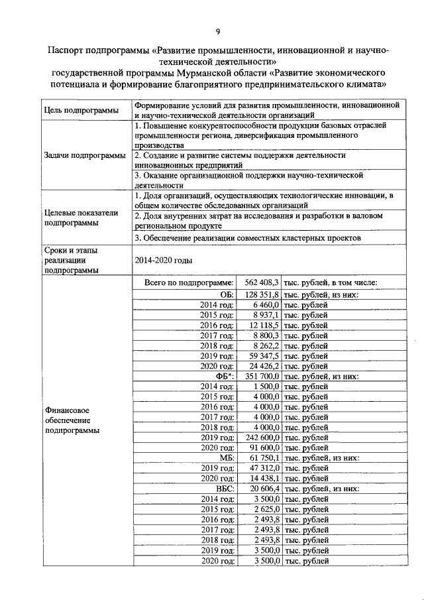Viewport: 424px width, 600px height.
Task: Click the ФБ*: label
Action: coord(223,377)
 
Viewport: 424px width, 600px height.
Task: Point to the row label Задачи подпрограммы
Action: coord(83,155)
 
